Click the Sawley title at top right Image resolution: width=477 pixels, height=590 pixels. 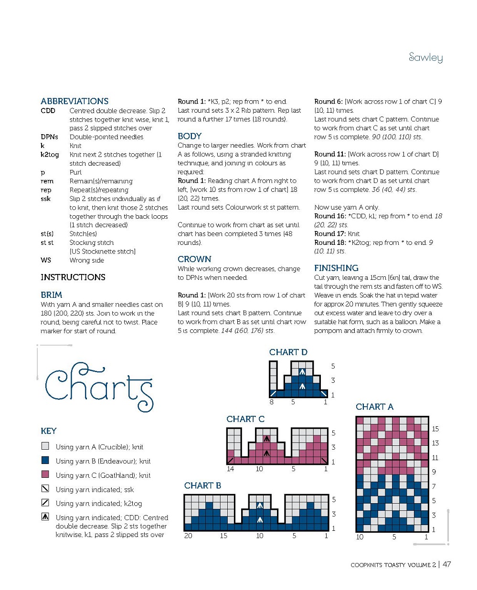(x=425, y=57)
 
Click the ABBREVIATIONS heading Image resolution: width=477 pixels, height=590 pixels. (x=74, y=101)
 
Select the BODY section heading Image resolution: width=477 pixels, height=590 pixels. (x=190, y=136)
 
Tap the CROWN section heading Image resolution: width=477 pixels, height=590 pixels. (x=194, y=259)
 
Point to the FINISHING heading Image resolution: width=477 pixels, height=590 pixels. (x=336, y=268)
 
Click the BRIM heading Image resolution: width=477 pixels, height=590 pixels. (x=52, y=295)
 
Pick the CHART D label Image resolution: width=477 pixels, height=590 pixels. (x=288, y=352)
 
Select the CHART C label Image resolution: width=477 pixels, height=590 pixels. (x=245, y=419)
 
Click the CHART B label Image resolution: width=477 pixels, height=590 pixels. (x=202, y=485)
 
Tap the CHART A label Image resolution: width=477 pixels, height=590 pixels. (x=374, y=407)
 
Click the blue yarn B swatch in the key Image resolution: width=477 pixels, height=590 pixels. (x=45, y=460)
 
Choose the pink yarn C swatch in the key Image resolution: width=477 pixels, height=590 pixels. (x=45, y=474)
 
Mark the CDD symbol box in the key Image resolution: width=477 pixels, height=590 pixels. (x=45, y=516)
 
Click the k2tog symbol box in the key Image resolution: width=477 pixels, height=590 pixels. (x=45, y=503)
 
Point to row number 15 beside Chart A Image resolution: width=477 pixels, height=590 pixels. (x=435, y=429)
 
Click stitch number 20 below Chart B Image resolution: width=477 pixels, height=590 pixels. (x=188, y=536)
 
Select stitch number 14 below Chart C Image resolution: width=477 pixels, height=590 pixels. (x=230, y=469)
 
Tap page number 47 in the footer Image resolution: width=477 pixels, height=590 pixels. (x=446, y=564)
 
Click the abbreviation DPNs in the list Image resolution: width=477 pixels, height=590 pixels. (x=49, y=137)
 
